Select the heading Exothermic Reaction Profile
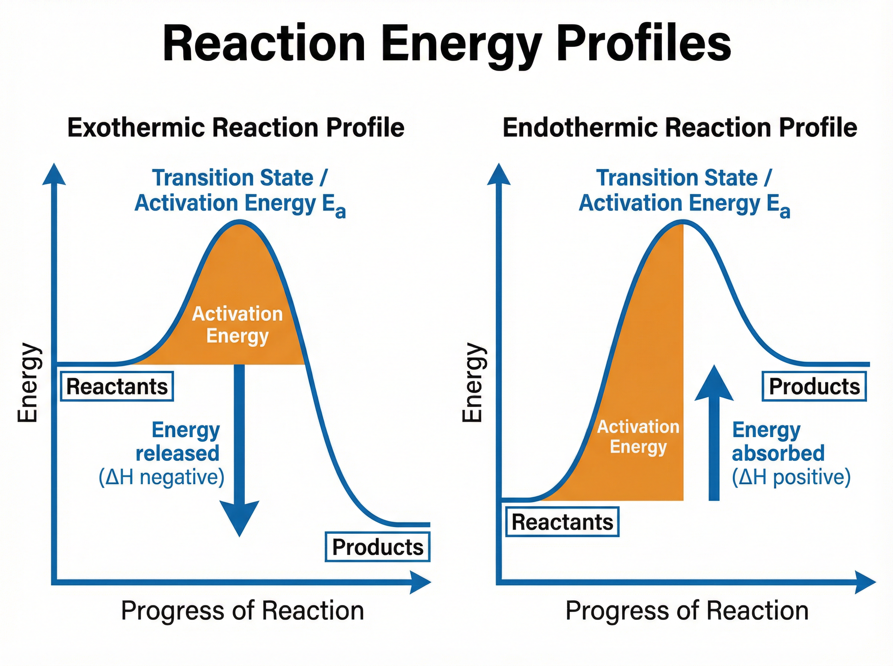[236, 128]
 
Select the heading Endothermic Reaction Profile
[679, 128]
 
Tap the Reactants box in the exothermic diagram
[116, 386]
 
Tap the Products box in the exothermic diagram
[377, 547]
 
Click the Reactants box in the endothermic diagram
[562, 522]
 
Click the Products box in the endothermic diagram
[814, 386]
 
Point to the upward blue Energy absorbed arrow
[714, 436]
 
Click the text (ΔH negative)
[161, 477]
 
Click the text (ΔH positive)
[791, 477]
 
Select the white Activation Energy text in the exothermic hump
[237, 325]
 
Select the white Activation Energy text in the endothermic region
[638, 437]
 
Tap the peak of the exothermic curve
[240, 222]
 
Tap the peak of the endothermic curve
[683, 222]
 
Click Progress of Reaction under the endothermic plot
[687, 611]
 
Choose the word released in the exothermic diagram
[177, 453]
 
